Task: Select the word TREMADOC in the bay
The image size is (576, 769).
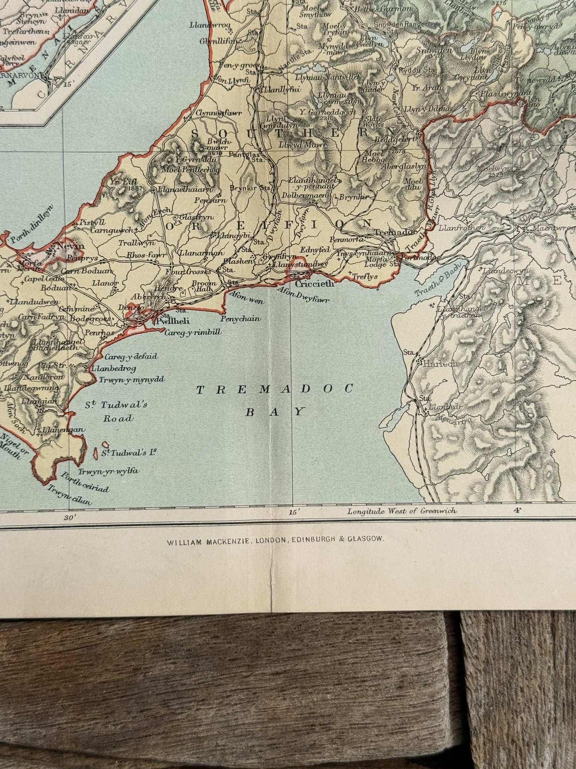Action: pyautogui.click(x=275, y=389)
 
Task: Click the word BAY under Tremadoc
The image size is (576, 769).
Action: pyautogui.click(x=275, y=412)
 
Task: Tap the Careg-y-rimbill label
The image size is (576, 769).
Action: pyautogui.click(x=193, y=332)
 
